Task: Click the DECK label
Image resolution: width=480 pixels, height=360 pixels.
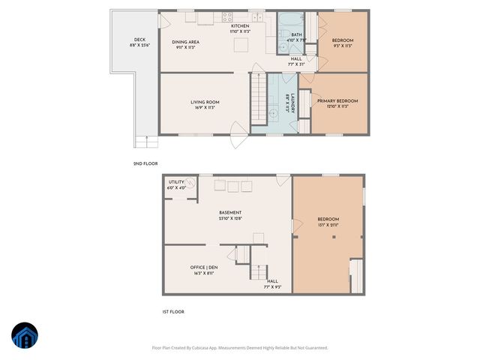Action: click(139, 40)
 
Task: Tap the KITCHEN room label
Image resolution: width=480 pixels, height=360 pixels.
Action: click(240, 26)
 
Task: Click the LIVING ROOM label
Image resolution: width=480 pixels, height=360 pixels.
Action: click(204, 102)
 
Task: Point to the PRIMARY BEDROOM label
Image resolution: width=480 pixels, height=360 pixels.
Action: click(337, 100)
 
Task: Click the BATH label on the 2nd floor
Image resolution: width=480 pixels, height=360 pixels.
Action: click(296, 34)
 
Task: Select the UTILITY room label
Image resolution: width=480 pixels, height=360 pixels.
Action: click(176, 181)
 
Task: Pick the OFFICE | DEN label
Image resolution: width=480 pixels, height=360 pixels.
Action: click(203, 267)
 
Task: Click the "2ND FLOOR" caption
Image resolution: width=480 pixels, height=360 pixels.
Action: click(145, 163)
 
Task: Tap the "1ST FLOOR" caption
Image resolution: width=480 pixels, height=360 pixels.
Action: click(174, 311)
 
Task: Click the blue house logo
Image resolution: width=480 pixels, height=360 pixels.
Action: click(24, 335)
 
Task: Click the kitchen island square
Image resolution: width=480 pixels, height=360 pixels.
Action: click(241, 46)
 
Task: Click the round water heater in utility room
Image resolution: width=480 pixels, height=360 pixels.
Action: click(192, 182)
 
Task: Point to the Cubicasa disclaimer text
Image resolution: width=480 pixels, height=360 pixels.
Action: click(240, 347)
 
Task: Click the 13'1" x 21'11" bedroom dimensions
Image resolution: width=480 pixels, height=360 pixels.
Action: click(327, 224)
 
